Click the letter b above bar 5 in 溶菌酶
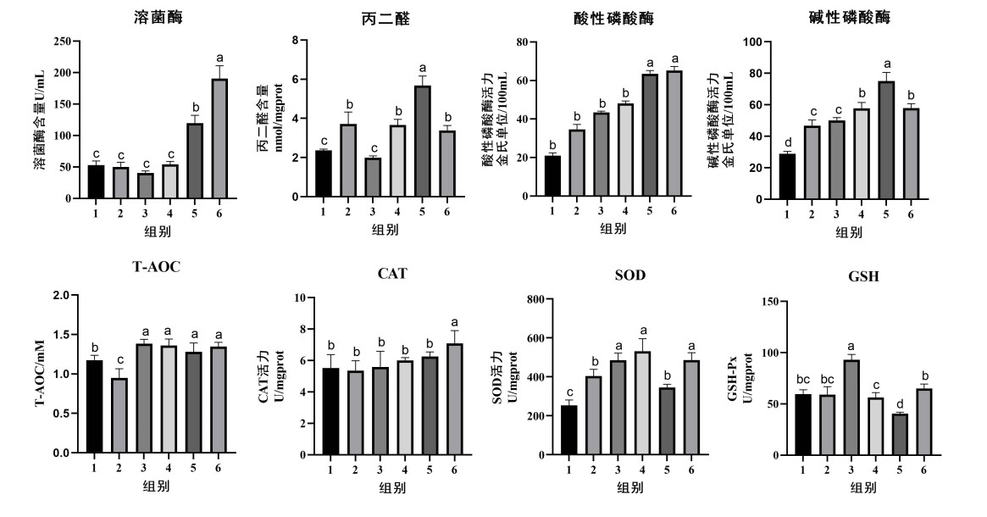point(195,108)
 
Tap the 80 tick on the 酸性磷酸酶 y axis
point(523,42)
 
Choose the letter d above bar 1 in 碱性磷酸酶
point(788,142)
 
